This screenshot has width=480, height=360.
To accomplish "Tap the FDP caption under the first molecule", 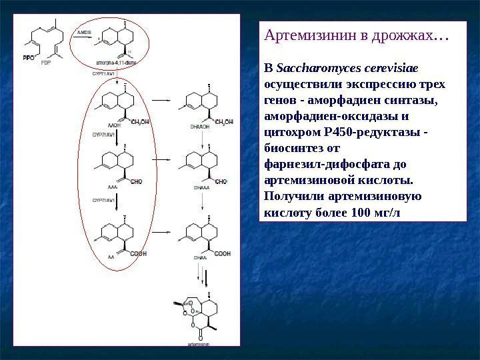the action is tap(45, 63).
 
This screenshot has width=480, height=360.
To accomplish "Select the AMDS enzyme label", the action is tap(84, 31).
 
